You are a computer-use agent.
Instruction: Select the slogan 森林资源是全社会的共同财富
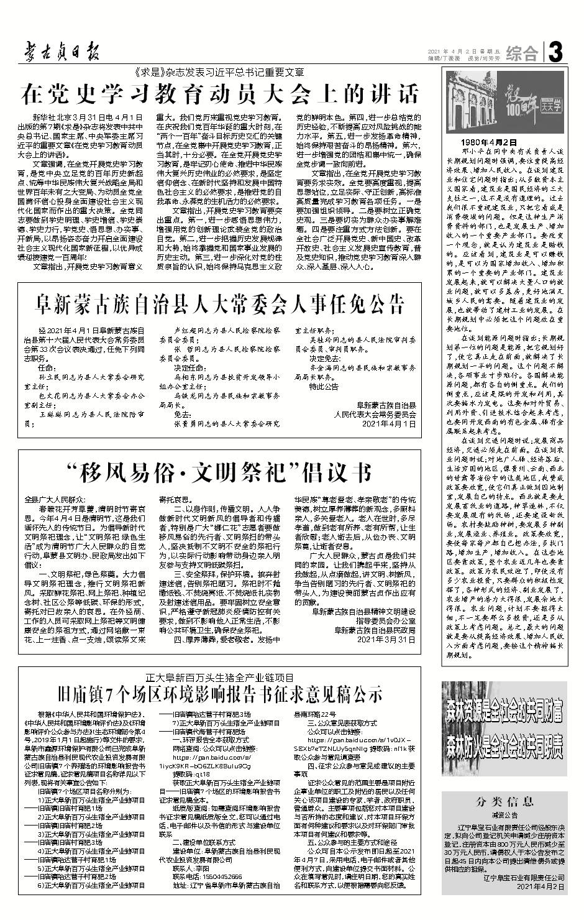[504, 707]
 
